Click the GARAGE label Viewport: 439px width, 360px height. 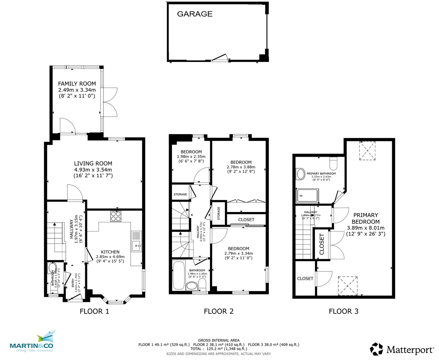pos(195,14)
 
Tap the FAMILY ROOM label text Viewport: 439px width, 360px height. pos(77,83)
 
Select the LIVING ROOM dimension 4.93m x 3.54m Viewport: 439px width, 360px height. pos(93,170)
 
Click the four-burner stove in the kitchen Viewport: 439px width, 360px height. pos(116,216)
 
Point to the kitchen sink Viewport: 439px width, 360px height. pos(136,242)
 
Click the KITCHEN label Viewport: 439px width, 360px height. pos(110,252)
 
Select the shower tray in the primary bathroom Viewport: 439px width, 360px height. pos(307,196)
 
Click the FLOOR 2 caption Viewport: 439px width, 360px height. pos(218,312)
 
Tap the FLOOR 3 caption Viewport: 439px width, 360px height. pos(344,312)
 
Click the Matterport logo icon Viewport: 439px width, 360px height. pos(376,349)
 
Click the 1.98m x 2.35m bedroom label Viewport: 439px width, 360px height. pos(191,156)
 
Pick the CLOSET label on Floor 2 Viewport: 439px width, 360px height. pos(246,220)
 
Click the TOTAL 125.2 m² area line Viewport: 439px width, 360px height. pos(219,349)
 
